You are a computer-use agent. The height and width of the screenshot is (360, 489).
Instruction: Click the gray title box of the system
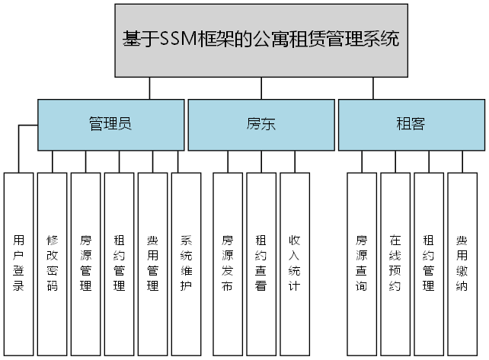click(x=260, y=40)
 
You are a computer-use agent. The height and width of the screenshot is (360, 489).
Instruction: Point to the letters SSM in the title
click(x=177, y=40)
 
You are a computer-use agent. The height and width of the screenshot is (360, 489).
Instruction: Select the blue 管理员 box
click(x=110, y=125)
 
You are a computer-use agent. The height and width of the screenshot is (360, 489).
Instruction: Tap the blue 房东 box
click(x=260, y=125)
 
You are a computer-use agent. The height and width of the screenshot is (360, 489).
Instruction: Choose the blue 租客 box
click(x=411, y=125)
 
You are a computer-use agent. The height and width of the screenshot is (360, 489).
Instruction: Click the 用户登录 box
click(x=19, y=263)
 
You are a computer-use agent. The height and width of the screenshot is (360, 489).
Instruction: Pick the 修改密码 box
click(x=53, y=263)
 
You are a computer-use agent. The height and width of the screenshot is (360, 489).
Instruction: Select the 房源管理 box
click(x=86, y=263)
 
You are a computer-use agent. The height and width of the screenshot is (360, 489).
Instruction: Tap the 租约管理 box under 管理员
click(x=120, y=263)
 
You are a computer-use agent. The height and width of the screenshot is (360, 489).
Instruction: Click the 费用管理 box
click(x=153, y=263)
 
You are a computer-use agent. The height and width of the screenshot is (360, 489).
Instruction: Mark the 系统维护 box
click(x=187, y=263)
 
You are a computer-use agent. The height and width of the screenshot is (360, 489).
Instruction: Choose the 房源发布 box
click(x=228, y=263)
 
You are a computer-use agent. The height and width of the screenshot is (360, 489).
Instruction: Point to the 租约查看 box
click(x=261, y=263)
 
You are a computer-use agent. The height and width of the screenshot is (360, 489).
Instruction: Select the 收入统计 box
click(x=295, y=263)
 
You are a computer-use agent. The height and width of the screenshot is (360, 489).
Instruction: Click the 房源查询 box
click(x=362, y=263)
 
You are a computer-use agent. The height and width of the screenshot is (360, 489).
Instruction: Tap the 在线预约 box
click(x=395, y=263)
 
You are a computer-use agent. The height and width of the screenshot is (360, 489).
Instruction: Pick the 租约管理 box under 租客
click(x=429, y=263)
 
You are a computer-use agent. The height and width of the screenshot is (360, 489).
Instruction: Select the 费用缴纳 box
click(x=462, y=263)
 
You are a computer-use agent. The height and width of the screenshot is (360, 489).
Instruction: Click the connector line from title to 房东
click(x=260, y=89)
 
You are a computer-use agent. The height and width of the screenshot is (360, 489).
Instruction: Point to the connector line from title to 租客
click(x=373, y=89)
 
